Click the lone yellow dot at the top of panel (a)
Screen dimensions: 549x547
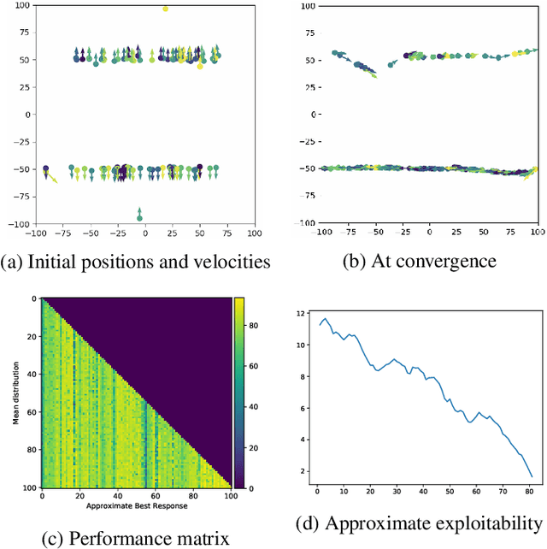[165, 9]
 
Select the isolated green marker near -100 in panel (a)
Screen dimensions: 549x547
[140, 216]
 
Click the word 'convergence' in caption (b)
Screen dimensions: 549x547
[450, 260]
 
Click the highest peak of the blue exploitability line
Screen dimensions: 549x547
[325, 319]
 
